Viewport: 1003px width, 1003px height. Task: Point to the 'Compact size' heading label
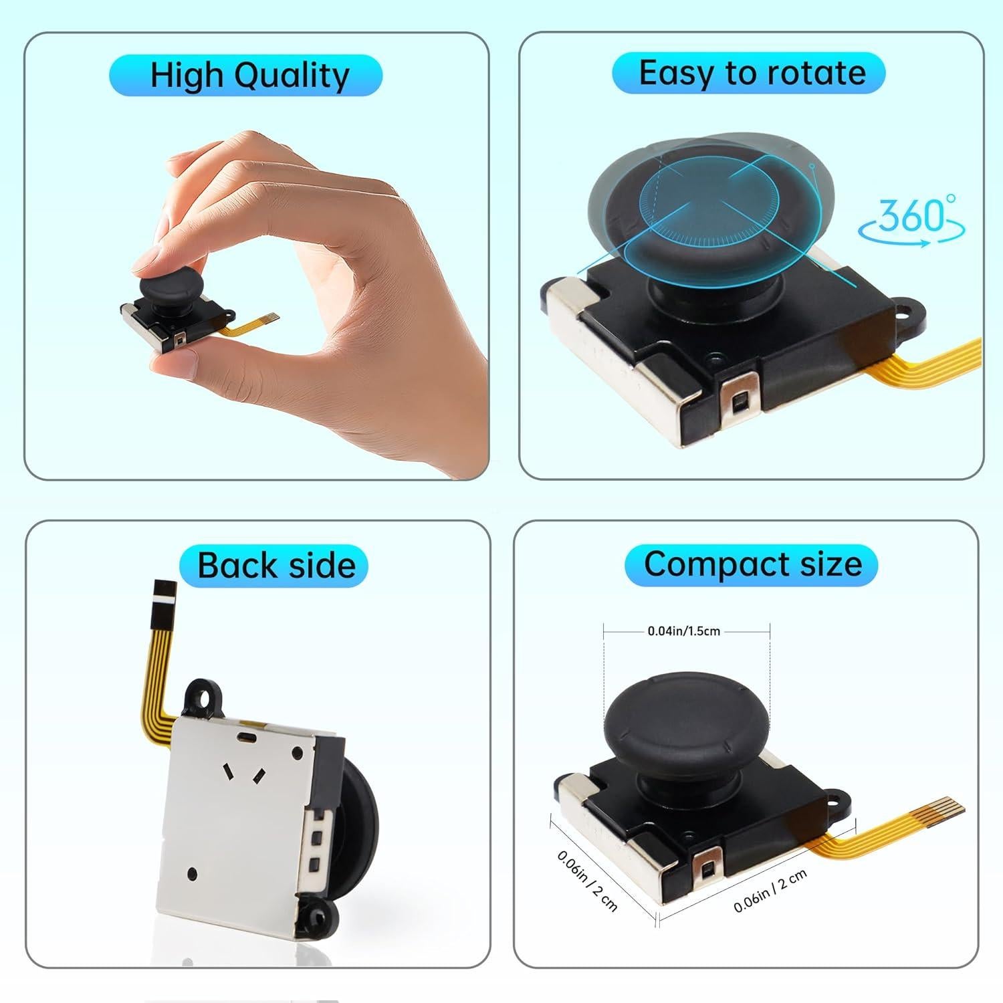point(752,564)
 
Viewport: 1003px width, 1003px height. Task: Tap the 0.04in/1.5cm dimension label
point(683,631)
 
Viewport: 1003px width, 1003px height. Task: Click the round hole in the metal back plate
point(193,873)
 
